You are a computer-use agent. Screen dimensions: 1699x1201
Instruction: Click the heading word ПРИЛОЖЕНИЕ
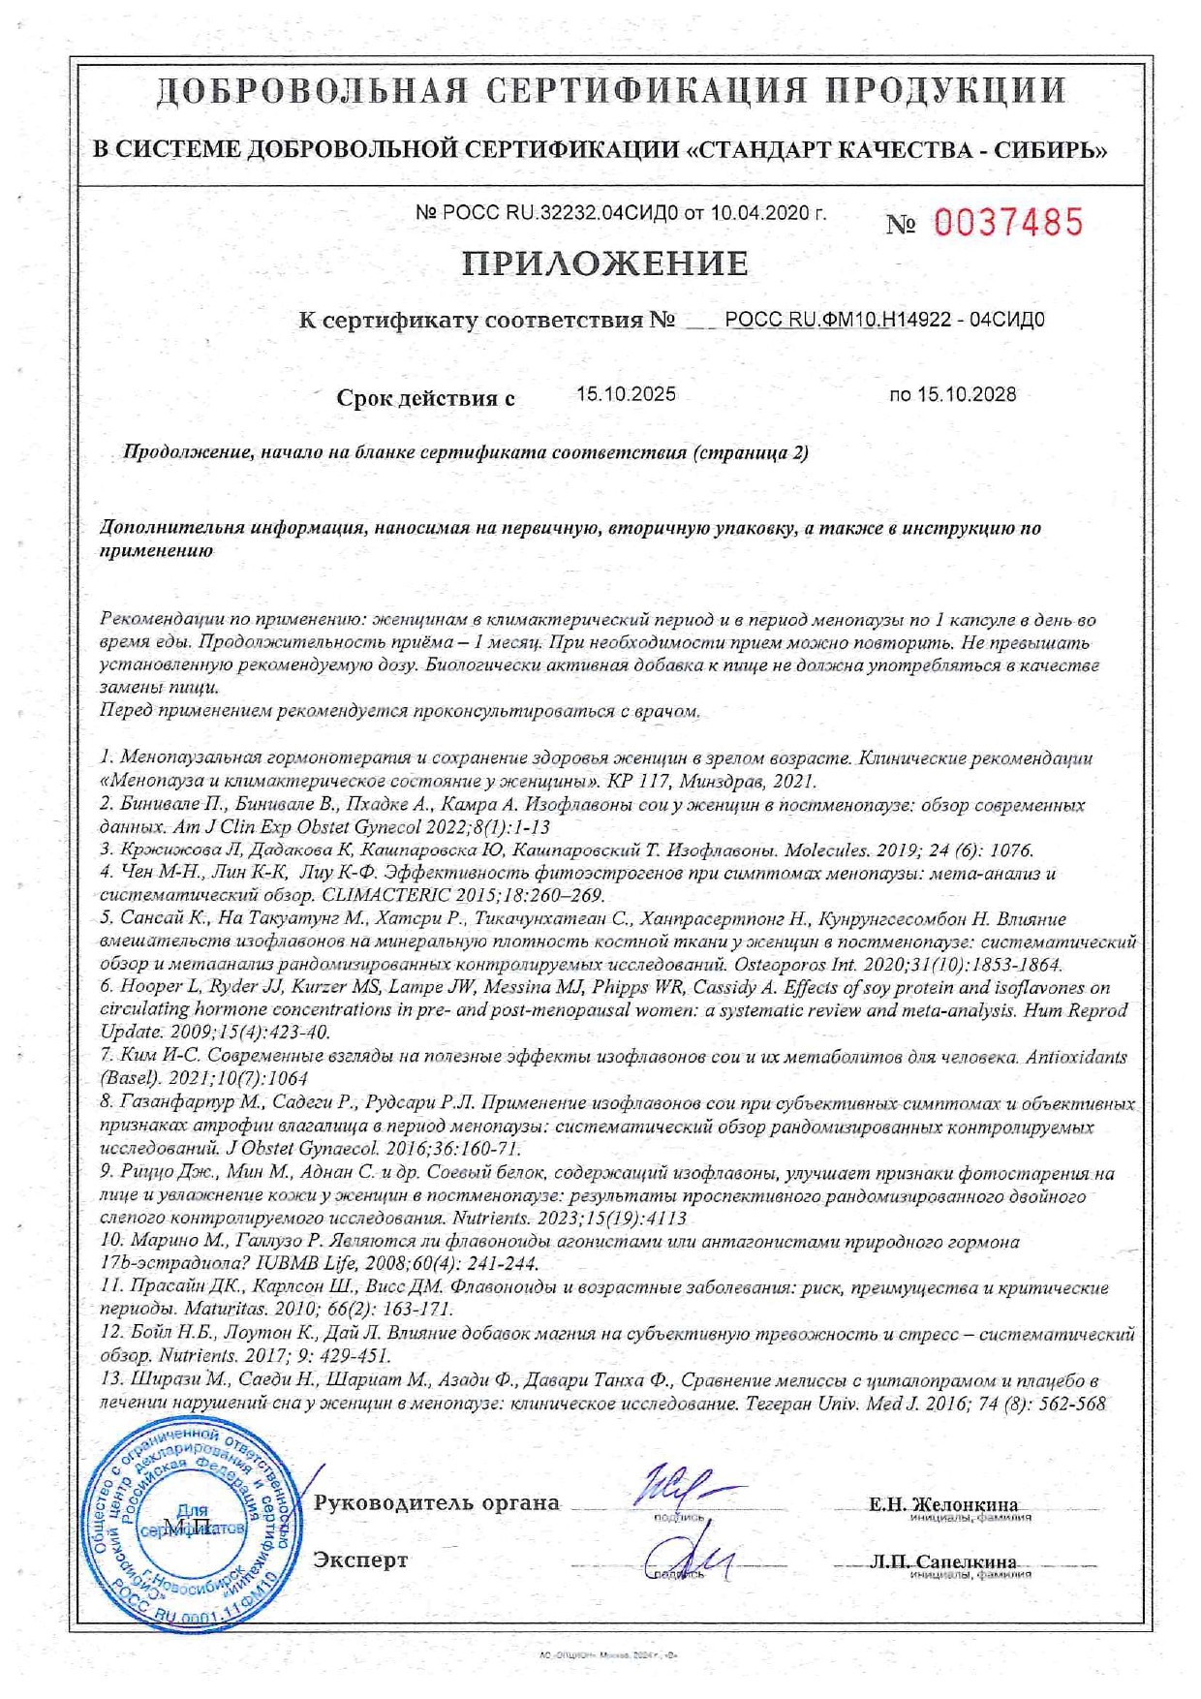click(604, 263)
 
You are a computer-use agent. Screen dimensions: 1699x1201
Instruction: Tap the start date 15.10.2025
click(626, 394)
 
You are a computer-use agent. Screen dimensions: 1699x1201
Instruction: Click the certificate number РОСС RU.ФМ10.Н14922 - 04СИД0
click(884, 320)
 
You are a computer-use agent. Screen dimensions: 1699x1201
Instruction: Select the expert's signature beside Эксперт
click(688, 1560)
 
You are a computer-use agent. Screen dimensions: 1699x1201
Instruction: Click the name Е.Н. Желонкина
click(943, 1504)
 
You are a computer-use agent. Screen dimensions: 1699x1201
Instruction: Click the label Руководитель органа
click(437, 1503)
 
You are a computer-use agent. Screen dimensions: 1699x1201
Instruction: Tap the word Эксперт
click(360, 1560)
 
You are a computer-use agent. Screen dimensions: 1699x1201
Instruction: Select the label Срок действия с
click(425, 398)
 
